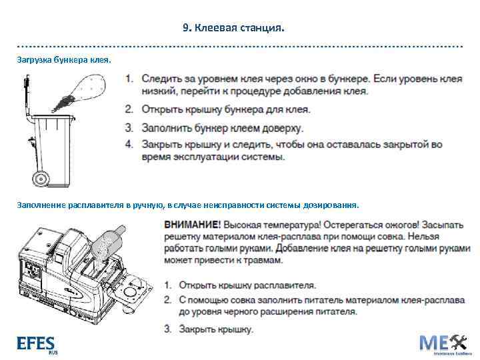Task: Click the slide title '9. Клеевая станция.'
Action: (233, 28)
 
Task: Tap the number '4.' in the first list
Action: (129, 144)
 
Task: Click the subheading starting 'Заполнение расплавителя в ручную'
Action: (187, 205)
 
